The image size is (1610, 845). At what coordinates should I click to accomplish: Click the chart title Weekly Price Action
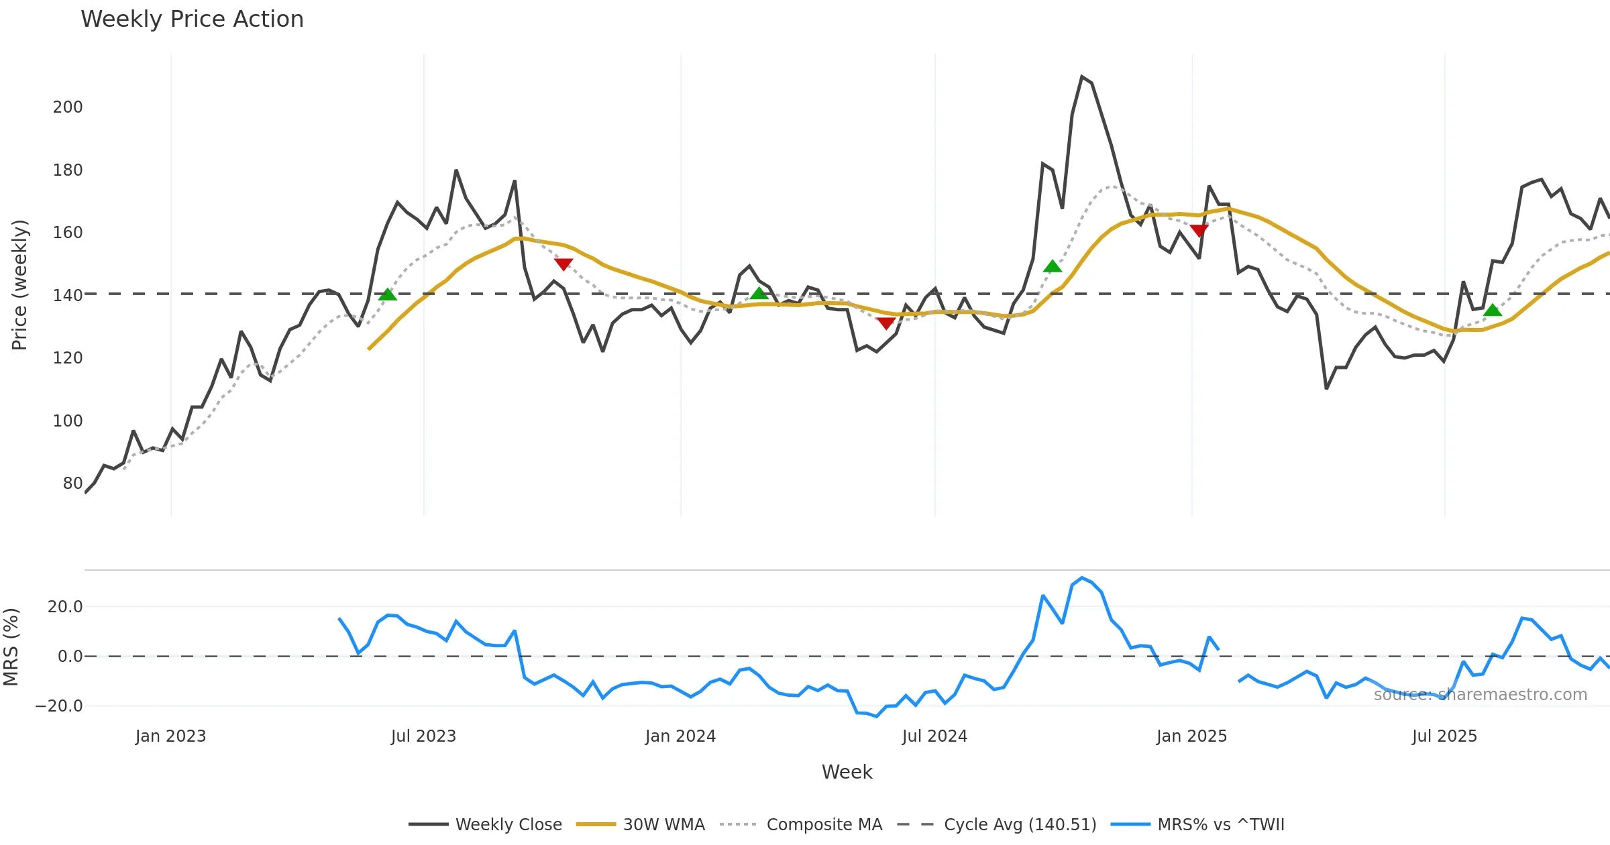click(x=192, y=19)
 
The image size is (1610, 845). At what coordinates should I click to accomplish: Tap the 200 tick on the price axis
click(x=68, y=107)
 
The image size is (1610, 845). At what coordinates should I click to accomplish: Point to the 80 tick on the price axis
click(x=72, y=484)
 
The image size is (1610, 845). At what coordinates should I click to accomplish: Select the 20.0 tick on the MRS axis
click(x=65, y=607)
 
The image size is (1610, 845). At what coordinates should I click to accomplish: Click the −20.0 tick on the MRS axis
click(x=59, y=706)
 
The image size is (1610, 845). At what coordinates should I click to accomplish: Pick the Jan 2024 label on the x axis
click(x=680, y=736)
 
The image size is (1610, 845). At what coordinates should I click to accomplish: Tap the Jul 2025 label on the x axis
click(x=1444, y=736)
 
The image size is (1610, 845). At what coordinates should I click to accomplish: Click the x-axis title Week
click(x=847, y=773)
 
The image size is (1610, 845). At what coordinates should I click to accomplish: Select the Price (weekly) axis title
click(x=19, y=285)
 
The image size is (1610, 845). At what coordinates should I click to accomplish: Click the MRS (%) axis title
click(x=11, y=647)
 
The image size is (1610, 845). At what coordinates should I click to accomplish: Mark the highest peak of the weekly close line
click(x=1082, y=77)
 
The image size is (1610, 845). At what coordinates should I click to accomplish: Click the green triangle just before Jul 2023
click(x=388, y=294)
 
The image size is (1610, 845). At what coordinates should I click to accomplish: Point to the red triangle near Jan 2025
click(x=1199, y=231)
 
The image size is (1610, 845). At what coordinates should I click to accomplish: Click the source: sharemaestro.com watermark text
click(x=1480, y=695)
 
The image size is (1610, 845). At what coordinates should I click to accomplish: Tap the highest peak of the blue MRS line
click(x=1082, y=578)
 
